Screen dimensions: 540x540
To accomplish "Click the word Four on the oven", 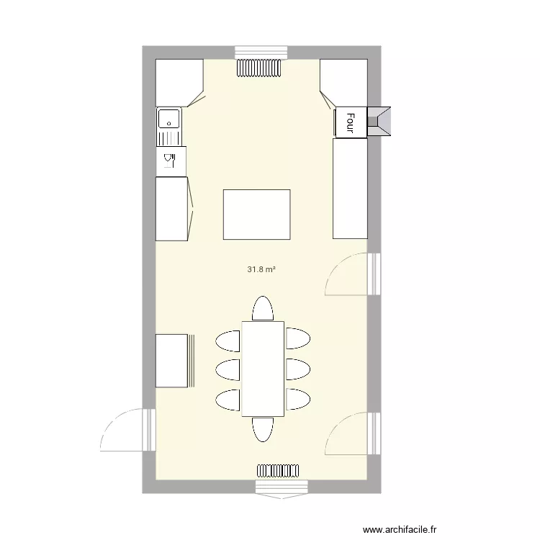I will pyautogui.click(x=351, y=122).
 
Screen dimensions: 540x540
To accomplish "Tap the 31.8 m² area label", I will pyautogui.click(x=262, y=270).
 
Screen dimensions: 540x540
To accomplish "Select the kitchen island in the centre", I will pyautogui.click(x=256, y=215).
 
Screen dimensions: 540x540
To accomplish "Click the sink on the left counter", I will pyautogui.click(x=169, y=119).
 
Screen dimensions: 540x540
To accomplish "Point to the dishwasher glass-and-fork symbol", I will pyautogui.click(x=170, y=159).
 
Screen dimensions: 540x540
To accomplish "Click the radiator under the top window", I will pyautogui.click(x=261, y=68).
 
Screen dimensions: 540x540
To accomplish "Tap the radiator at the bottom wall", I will pyautogui.click(x=278, y=471).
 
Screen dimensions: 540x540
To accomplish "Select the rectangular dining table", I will pyautogui.click(x=263, y=369).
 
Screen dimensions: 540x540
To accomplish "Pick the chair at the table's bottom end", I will pyautogui.click(x=263, y=429).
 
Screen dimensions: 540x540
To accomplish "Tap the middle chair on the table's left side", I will pyautogui.click(x=228, y=369).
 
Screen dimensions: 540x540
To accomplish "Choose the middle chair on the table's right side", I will pyautogui.click(x=297, y=369).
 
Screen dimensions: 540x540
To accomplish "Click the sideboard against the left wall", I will pyautogui.click(x=173, y=361).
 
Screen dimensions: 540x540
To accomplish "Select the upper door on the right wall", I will pyautogui.click(x=349, y=275).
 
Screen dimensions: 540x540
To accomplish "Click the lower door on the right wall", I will pyautogui.click(x=349, y=434).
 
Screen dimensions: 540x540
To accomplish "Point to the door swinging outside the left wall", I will pyautogui.click(x=126, y=430).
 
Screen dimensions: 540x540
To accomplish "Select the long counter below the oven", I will pyautogui.click(x=350, y=189).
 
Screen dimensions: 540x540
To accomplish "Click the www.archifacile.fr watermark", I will pyautogui.click(x=400, y=529).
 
